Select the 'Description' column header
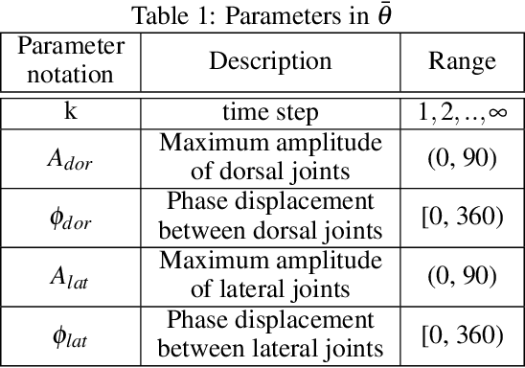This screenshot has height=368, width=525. [271, 61]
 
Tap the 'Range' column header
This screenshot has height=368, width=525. [463, 61]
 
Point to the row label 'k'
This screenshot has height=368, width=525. [69, 112]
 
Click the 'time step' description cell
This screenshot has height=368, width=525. [271, 113]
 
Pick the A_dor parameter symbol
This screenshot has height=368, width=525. [67, 157]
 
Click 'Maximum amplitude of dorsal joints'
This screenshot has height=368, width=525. [271, 156]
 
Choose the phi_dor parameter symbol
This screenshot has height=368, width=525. [67, 218]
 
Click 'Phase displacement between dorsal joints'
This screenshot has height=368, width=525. [271, 217]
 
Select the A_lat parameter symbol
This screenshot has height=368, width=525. [67, 277]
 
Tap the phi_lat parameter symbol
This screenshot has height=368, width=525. [67, 336]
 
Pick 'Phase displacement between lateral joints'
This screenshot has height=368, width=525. [271, 335]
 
